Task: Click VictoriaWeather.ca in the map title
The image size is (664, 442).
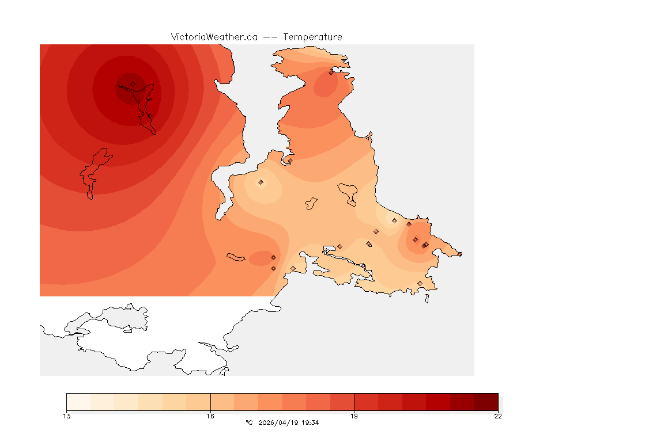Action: click(x=214, y=37)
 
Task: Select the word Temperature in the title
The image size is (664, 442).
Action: click(x=312, y=37)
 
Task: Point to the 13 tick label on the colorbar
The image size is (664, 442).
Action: click(x=67, y=416)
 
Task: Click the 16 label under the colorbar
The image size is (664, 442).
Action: click(x=210, y=416)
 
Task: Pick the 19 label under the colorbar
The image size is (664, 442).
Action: click(x=354, y=416)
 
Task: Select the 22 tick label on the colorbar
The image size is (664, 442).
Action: click(x=497, y=416)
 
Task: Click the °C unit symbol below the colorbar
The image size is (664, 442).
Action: click(x=249, y=422)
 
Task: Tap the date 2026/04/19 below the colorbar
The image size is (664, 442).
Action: click(x=280, y=422)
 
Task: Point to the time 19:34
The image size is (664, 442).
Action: click(x=310, y=422)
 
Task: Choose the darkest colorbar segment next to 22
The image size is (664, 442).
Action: click(x=486, y=401)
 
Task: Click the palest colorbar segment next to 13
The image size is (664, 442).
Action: click(x=78, y=401)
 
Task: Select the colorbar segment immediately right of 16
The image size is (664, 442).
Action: click(x=222, y=401)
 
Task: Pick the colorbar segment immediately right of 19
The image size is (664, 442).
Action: click(x=366, y=401)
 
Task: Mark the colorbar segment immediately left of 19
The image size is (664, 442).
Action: click(x=342, y=401)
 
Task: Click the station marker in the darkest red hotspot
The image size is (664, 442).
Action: click(x=133, y=84)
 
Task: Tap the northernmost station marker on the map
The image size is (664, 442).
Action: click(x=331, y=73)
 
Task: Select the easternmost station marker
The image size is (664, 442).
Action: click(x=459, y=254)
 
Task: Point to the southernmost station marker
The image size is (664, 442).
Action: click(x=420, y=283)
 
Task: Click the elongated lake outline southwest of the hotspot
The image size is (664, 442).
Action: click(x=95, y=172)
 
